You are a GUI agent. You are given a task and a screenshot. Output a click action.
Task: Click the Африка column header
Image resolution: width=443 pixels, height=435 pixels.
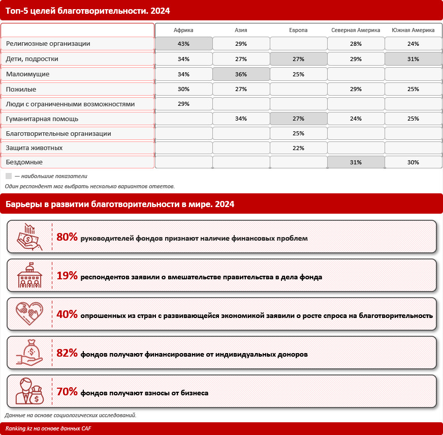tap(183, 31)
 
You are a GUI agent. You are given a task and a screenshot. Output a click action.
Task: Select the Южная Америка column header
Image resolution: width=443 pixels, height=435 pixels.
tap(413, 31)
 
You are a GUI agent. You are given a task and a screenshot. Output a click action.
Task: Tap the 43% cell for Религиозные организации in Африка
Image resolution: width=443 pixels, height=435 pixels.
tap(183, 44)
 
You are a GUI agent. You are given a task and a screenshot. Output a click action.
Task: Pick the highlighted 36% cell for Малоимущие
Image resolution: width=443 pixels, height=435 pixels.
tap(241, 74)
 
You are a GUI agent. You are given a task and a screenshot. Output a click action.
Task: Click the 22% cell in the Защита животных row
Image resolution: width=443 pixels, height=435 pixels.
tap(298, 148)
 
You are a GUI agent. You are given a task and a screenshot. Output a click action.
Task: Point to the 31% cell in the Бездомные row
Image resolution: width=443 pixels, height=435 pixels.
tap(356, 162)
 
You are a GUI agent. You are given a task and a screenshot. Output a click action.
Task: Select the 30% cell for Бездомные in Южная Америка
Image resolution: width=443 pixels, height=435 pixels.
tap(413, 162)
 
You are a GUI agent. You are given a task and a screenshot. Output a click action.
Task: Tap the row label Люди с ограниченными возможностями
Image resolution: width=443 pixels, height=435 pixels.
tap(70, 104)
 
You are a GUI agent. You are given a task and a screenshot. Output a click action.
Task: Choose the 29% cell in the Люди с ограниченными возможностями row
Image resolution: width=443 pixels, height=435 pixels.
tap(183, 104)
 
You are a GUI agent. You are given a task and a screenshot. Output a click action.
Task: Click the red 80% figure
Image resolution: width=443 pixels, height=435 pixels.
tap(67, 237)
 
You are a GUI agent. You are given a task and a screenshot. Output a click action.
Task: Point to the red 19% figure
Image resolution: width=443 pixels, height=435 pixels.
tap(67, 276)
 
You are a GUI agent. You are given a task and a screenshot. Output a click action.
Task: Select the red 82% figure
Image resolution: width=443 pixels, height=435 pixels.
tap(67, 353)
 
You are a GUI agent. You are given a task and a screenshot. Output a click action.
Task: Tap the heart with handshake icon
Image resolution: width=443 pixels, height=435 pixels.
tap(29, 314)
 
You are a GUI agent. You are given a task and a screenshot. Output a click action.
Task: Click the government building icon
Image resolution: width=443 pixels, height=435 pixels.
tap(29, 275)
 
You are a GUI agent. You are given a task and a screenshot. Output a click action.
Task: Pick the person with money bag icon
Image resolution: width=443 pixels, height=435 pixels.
tap(29, 391)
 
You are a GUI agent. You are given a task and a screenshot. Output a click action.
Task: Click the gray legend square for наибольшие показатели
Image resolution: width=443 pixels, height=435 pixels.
tap(9, 176)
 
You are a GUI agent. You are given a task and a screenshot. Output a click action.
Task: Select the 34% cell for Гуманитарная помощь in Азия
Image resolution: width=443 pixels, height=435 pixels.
tap(241, 119)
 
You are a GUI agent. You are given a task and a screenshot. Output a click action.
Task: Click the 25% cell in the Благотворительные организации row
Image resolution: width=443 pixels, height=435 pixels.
tap(298, 134)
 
